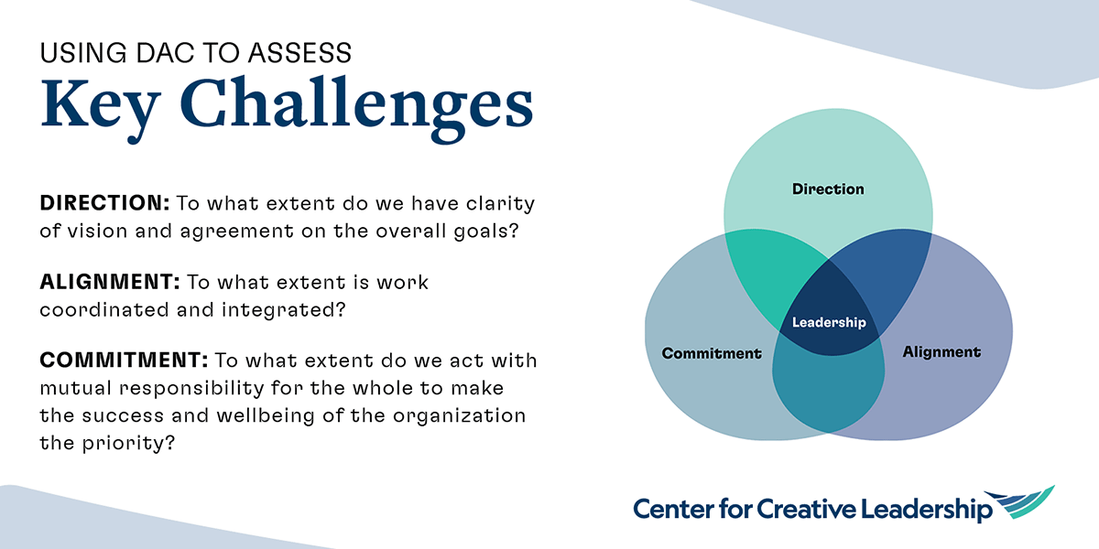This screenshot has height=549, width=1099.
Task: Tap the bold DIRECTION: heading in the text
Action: [104, 203]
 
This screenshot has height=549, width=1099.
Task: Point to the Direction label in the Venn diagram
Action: [828, 189]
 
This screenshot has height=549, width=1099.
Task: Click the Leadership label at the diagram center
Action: [828, 322]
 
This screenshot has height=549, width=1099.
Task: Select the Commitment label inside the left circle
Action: [712, 352]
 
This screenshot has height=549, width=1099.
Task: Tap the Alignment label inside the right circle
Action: [941, 351]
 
